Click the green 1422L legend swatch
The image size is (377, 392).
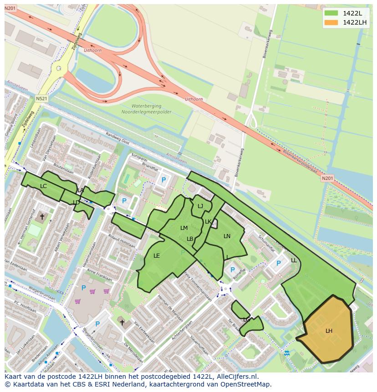tap(331, 13)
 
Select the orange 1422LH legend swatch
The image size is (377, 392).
tap(331, 22)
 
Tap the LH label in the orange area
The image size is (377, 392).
tap(329, 331)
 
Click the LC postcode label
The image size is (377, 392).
tap(43, 186)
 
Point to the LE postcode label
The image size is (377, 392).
tap(157, 255)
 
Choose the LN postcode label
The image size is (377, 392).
tap(227, 236)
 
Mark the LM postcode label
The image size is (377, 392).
tap(184, 228)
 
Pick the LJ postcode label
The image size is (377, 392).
tap(200, 206)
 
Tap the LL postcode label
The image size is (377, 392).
tap(294, 260)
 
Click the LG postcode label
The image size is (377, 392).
tap(246, 320)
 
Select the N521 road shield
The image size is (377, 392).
tap(41, 98)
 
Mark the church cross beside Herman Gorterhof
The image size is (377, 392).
tap(42, 217)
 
